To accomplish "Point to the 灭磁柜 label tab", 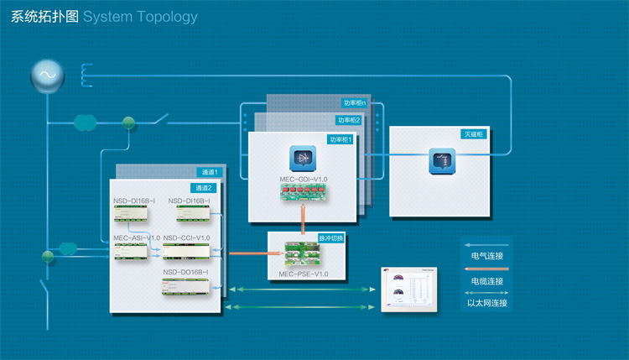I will click(x=474, y=133).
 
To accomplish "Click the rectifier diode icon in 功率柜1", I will click(x=304, y=159).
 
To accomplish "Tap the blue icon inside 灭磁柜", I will click(x=441, y=159).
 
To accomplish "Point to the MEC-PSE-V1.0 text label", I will click(x=304, y=274).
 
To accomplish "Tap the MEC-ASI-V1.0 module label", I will click(x=136, y=238).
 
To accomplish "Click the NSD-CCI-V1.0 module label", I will click(x=186, y=238).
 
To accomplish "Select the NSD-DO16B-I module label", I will click(x=186, y=272).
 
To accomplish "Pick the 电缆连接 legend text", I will click(x=487, y=280).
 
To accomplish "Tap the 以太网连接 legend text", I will click(x=487, y=303).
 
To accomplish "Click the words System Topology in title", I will click(x=141, y=17).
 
